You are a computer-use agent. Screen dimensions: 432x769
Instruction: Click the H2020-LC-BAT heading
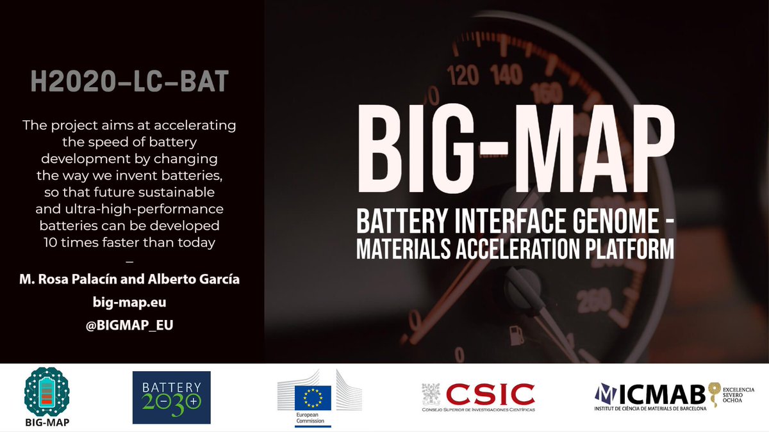coord(129,83)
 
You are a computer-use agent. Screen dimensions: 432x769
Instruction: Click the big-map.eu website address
coord(129,302)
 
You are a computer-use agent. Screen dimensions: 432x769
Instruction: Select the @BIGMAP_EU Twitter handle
coord(129,325)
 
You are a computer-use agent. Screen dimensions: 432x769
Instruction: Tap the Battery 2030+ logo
coord(171,397)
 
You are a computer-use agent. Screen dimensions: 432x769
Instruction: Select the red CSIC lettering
coord(490,393)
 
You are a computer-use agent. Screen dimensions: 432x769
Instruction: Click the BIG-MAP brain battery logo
coord(46,392)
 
